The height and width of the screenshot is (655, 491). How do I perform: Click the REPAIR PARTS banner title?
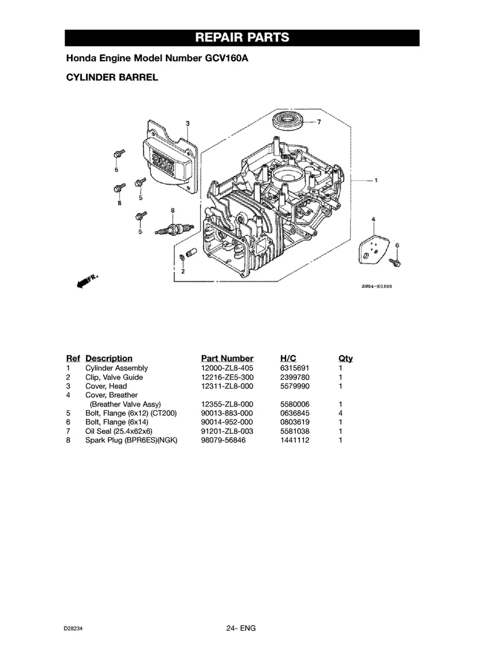pos(242,37)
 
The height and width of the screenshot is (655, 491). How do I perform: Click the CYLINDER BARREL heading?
pos(112,77)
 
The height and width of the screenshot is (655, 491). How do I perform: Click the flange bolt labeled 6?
pos(395,262)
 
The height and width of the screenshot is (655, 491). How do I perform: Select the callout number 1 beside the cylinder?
pos(376,181)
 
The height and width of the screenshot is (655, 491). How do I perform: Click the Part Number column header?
pos(227,358)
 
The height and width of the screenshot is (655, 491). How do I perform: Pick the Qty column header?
pos(345,358)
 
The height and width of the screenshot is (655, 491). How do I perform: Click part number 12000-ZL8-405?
pos(227,368)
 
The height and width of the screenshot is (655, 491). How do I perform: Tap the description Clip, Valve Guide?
pos(114,377)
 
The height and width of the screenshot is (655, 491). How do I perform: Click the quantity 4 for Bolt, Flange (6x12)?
pos(340,413)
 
